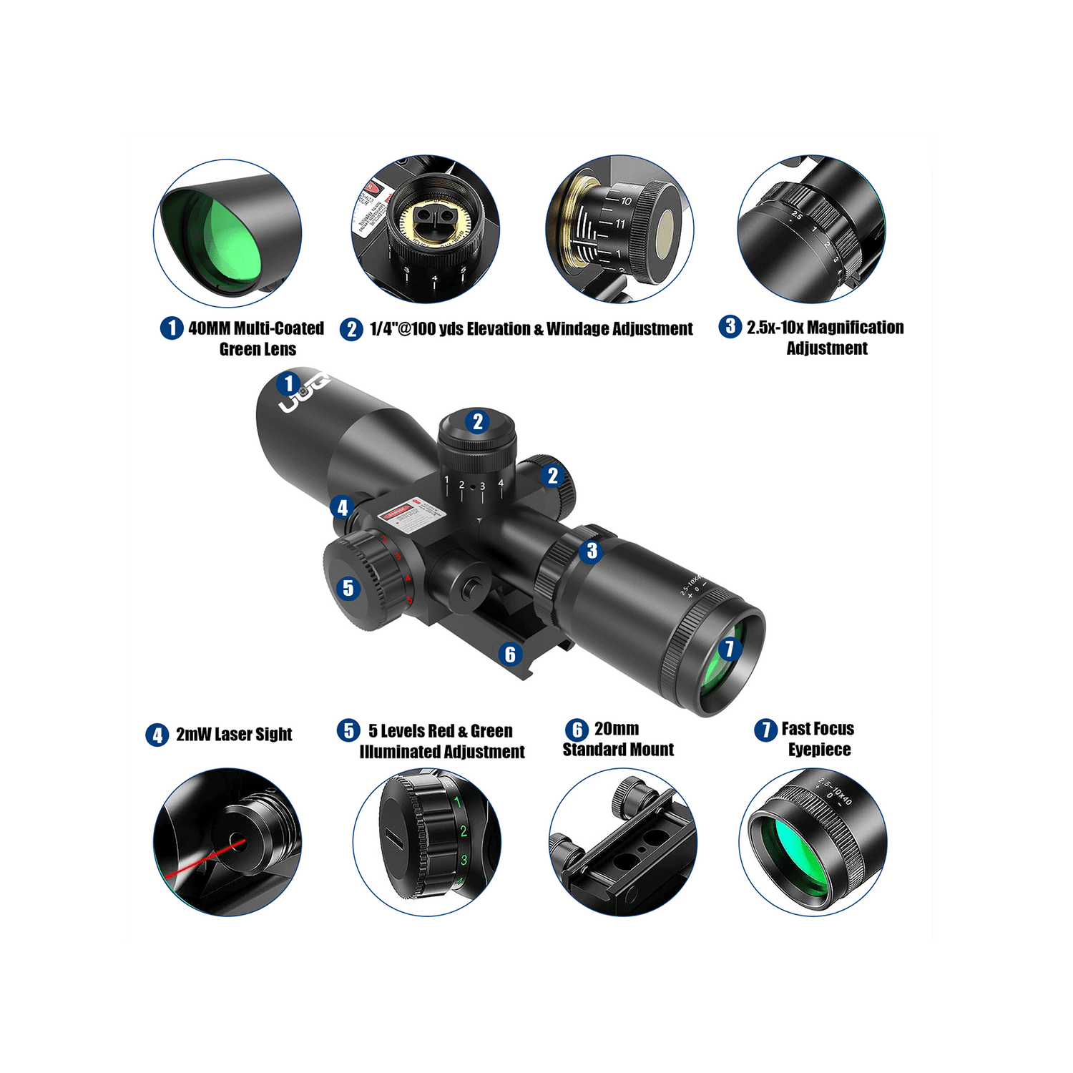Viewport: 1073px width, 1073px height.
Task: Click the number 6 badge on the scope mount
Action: tap(510, 654)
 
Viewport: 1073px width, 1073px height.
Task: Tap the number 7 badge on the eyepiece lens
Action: tap(729, 649)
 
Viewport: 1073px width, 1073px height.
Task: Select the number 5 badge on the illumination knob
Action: tap(348, 588)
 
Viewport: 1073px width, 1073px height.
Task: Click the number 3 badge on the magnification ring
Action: tap(592, 552)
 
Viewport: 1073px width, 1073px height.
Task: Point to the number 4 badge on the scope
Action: tap(343, 509)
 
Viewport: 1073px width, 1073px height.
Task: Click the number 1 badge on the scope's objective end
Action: tap(289, 384)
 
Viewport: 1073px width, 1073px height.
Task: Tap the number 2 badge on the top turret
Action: tap(478, 421)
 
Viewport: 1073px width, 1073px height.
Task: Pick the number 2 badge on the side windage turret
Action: tap(552, 476)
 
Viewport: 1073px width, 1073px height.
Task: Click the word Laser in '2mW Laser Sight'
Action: tap(232, 735)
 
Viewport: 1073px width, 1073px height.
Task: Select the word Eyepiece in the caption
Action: tap(820, 750)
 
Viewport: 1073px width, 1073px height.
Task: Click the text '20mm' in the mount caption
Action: tap(617, 729)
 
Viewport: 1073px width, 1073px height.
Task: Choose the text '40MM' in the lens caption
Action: tap(210, 328)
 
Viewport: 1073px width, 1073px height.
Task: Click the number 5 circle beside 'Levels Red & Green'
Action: tap(348, 730)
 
